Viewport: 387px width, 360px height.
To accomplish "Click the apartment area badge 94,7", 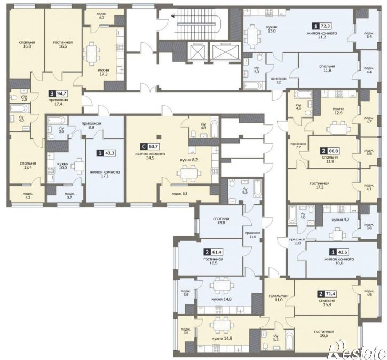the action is click(59, 93).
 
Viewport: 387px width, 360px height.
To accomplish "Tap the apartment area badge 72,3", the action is click(322, 26).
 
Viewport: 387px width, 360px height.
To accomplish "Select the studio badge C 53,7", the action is click(150, 147).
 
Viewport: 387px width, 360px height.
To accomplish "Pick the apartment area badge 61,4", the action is click(214, 252).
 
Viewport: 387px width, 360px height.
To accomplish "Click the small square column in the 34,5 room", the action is click(159, 137).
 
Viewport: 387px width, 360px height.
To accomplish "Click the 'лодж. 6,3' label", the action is click(180, 193).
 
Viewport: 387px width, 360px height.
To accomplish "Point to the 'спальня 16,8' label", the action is click(27, 44).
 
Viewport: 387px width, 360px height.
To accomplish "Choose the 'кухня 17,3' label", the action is click(104, 72).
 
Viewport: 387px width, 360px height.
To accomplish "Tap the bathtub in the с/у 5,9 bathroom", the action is click(257, 189).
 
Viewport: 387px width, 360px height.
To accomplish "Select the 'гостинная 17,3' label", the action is click(320, 185).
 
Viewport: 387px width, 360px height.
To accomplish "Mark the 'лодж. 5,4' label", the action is click(369, 35).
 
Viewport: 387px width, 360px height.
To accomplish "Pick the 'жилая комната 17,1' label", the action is click(105, 174).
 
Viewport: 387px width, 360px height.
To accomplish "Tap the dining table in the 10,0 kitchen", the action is click(78, 166).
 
